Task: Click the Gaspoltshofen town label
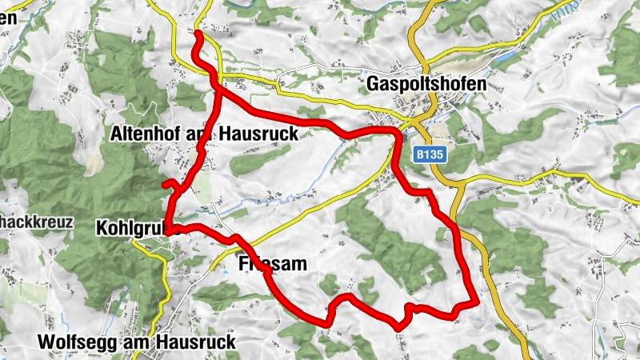click(426, 83)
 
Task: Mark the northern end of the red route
click(198, 33)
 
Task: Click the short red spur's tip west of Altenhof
click(164, 185)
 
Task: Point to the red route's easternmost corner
click(477, 302)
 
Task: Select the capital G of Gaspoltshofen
click(373, 83)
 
